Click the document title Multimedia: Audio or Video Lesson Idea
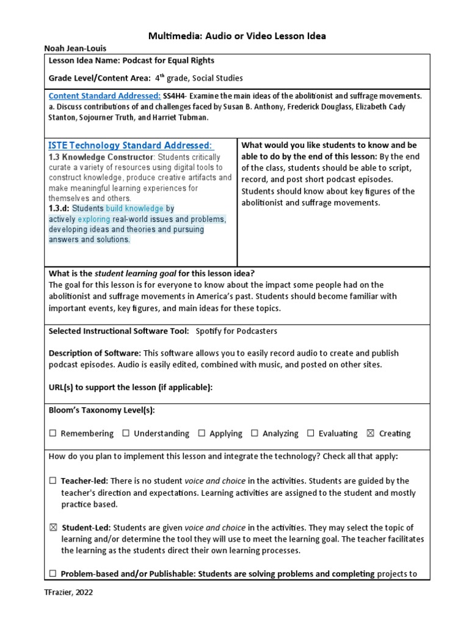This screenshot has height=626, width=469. tap(237, 36)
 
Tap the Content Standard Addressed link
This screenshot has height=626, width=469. tap(104, 96)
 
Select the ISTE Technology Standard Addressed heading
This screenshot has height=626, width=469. tap(131, 145)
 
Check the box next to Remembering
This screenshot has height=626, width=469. tap(53, 433)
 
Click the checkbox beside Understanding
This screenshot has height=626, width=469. tap(126, 433)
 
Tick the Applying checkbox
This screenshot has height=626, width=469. tap(202, 433)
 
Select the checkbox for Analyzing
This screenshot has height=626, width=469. tap(255, 433)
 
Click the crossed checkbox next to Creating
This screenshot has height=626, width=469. tap(370, 433)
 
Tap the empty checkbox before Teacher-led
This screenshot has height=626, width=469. tap(53, 481)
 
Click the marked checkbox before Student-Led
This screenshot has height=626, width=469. tap(53, 528)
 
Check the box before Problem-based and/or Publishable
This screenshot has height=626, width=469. tap(53, 574)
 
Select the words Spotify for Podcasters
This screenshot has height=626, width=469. tap(236, 331)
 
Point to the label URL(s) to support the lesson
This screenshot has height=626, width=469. tap(130, 388)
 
